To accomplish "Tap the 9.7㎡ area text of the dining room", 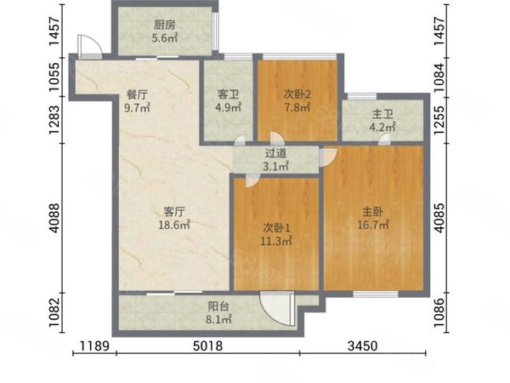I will (138, 108).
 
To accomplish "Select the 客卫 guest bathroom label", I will (227, 94).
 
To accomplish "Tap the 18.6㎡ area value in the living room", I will (174, 226).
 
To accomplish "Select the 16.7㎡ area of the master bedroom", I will (373, 226).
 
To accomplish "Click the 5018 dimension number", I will (207, 347).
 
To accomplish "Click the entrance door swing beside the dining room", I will (85, 45).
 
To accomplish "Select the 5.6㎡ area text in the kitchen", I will (164, 38).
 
